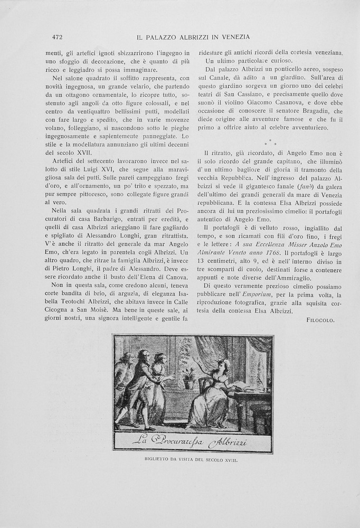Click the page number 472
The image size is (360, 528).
pyautogui.click(x=58, y=36)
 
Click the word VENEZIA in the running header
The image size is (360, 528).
pyautogui.click(x=234, y=36)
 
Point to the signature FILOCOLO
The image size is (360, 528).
pyautogui.click(x=320, y=320)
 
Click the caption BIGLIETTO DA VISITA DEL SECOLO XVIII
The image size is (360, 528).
pyautogui.click(x=192, y=459)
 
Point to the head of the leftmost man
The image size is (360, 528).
pyautogui.click(x=126, y=359)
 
